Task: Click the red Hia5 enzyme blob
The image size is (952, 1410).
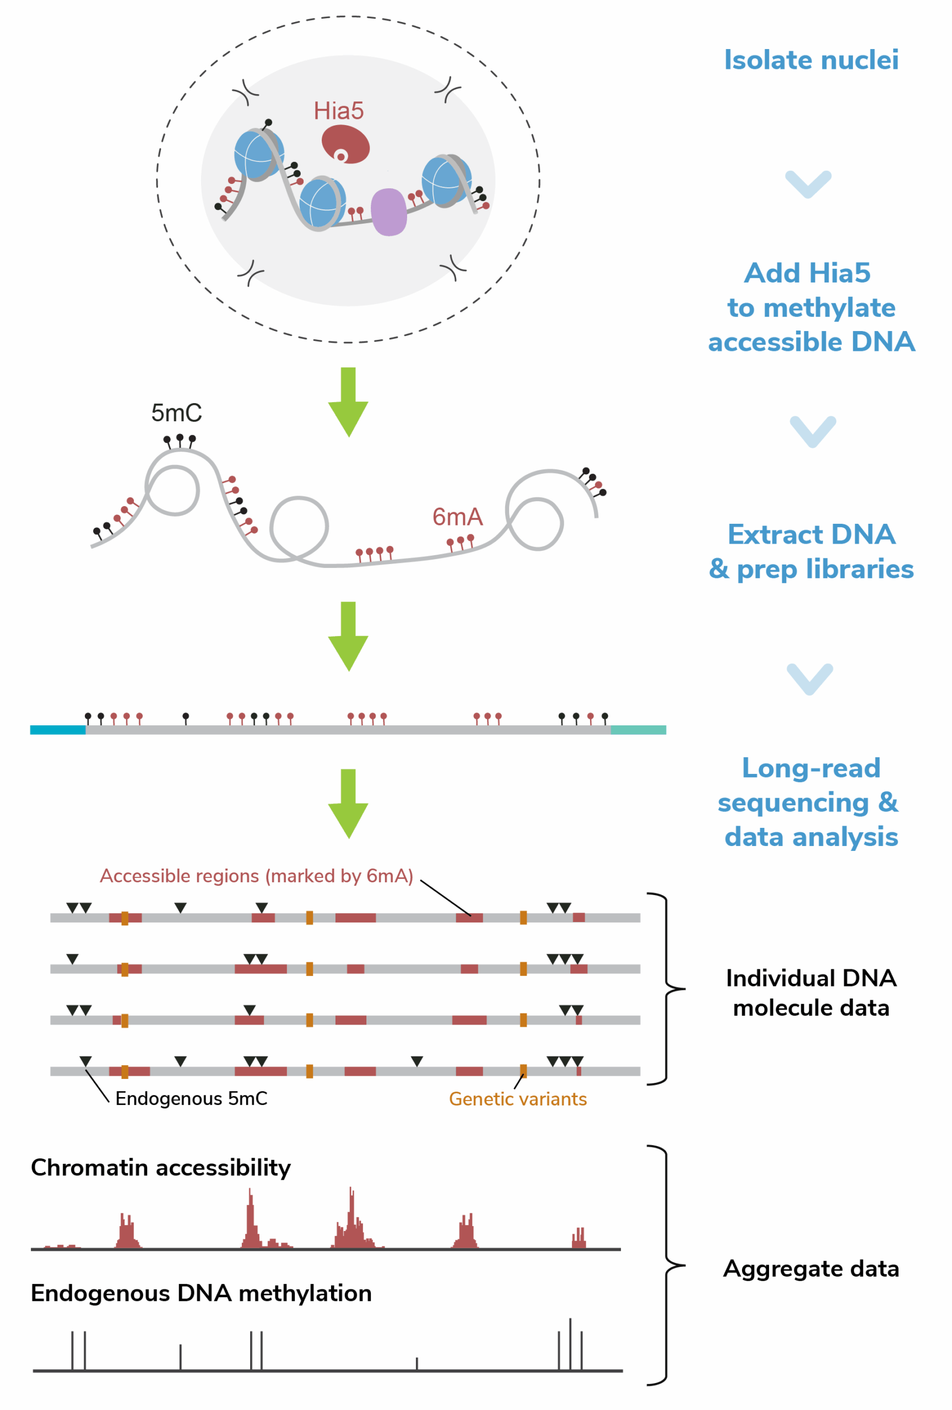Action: tap(345, 144)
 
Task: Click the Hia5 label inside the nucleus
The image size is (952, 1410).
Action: tap(338, 111)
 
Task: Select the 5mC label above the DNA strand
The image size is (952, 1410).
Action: tap(176, 413)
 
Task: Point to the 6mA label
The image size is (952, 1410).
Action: tap(457, 517)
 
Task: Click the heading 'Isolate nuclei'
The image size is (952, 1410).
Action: tap(810, 60)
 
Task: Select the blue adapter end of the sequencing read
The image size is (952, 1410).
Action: tap(58, 729)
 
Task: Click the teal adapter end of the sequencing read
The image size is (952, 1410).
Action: tap(638, 729)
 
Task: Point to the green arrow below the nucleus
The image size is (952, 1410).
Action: tap(348, 402)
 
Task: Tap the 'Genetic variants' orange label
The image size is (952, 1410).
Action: tap(517, 1099)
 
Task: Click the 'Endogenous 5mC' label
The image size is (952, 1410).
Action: tap(191, 1098)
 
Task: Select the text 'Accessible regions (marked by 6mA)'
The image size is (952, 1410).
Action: tap(256, 876)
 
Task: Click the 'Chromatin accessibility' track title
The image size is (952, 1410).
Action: tap(161, 1168)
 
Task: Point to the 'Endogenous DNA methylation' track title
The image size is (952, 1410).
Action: tap(201, 1293)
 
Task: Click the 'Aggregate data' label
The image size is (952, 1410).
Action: tap(810, 1268)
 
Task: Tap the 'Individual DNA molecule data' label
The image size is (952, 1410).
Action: tap(810, 993)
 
